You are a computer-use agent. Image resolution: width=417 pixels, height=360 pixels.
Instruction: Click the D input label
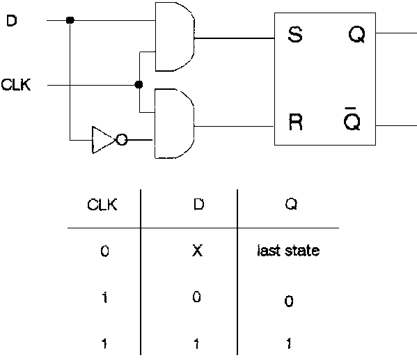point(12,21)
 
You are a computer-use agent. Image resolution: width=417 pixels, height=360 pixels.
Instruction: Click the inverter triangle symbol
point(102,139)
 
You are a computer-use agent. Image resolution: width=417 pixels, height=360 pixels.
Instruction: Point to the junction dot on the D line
point(70,20)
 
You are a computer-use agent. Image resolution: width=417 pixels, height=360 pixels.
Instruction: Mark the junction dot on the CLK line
point(139,84)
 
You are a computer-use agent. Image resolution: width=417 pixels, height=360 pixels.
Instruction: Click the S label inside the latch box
point(294,36)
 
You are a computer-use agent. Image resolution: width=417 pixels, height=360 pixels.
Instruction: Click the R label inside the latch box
point(294,123)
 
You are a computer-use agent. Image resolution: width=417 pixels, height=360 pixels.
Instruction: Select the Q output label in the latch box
point(356,36)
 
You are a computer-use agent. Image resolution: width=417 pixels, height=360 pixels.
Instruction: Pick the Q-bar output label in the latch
point(353,121)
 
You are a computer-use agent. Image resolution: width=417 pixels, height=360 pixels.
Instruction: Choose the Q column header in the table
point(288,205)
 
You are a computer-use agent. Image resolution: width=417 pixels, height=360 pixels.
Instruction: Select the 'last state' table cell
point(288,251)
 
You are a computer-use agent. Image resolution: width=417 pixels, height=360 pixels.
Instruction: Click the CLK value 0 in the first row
point(104,251)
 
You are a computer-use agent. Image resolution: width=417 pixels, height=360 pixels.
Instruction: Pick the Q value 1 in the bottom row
point(288,343)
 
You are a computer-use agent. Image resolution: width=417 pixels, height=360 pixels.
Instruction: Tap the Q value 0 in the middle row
point(288,302)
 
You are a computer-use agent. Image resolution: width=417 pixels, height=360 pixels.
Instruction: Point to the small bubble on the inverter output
point(121,140)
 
